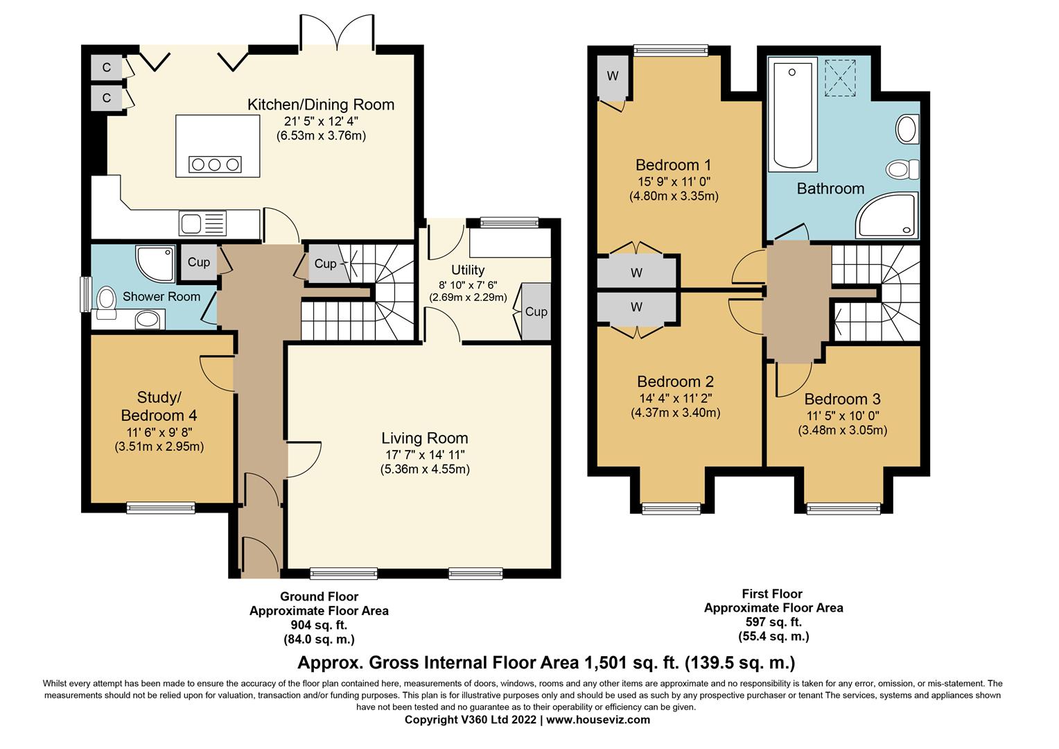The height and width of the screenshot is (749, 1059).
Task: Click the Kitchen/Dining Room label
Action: point(320,105)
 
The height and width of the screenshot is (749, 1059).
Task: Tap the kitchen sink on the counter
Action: point(202,223)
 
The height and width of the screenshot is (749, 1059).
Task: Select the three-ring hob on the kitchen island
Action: point(215,164)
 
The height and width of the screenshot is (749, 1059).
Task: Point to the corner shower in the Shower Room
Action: point(155,264)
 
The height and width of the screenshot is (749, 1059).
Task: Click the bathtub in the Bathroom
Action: point(792,114)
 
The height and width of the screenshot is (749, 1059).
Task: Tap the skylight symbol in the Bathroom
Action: point(839,78)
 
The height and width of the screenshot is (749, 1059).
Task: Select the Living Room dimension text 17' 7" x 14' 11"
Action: point(425,455)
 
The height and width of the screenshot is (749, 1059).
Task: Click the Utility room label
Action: point(468,270)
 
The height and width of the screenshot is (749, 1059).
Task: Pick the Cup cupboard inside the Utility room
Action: point(536,311)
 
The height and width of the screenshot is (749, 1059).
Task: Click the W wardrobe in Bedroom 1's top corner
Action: point(612,78)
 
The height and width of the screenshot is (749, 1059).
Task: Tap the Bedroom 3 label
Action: point(843,399)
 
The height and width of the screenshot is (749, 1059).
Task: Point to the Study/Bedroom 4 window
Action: point(161,507)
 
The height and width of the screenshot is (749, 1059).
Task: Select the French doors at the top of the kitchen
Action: point(337,32)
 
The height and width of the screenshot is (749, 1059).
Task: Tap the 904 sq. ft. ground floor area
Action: point(319,625)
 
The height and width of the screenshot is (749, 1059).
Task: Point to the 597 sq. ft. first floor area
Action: point(773,621)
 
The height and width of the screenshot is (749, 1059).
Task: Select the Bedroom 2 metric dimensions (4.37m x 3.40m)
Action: point(675,412)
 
